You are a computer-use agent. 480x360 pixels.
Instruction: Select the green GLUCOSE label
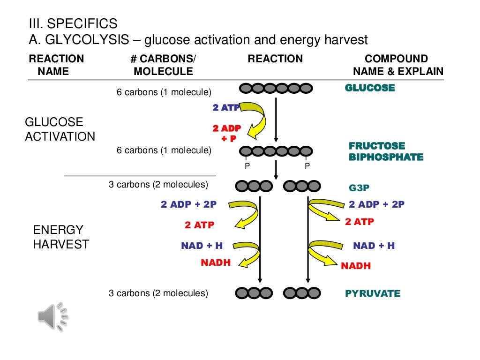[370, 88]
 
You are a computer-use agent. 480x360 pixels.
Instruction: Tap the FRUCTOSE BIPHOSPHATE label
[386, 151]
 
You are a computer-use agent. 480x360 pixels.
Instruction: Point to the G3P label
[359, 188]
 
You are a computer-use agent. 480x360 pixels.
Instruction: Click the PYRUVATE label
[373, 294]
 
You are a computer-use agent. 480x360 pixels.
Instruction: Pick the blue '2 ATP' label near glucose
[226, 108]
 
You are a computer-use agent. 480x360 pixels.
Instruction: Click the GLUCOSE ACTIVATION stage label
[60, 129]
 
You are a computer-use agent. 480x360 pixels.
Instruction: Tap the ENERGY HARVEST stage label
[60, 237]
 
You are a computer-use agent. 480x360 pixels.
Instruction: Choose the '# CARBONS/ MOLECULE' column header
[163, 65]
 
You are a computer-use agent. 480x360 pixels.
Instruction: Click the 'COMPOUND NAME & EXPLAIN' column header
[397, 65]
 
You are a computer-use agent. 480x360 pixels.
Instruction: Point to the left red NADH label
[216, 263]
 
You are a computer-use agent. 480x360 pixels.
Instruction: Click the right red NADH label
[356, 266]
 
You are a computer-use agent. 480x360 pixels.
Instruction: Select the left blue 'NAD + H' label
[202, 246]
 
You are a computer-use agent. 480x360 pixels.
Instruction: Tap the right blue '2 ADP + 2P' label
[376, 204]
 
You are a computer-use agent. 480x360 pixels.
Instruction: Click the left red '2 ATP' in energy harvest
[199, 225]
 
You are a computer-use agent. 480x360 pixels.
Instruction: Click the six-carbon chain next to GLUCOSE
[276, 88]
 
